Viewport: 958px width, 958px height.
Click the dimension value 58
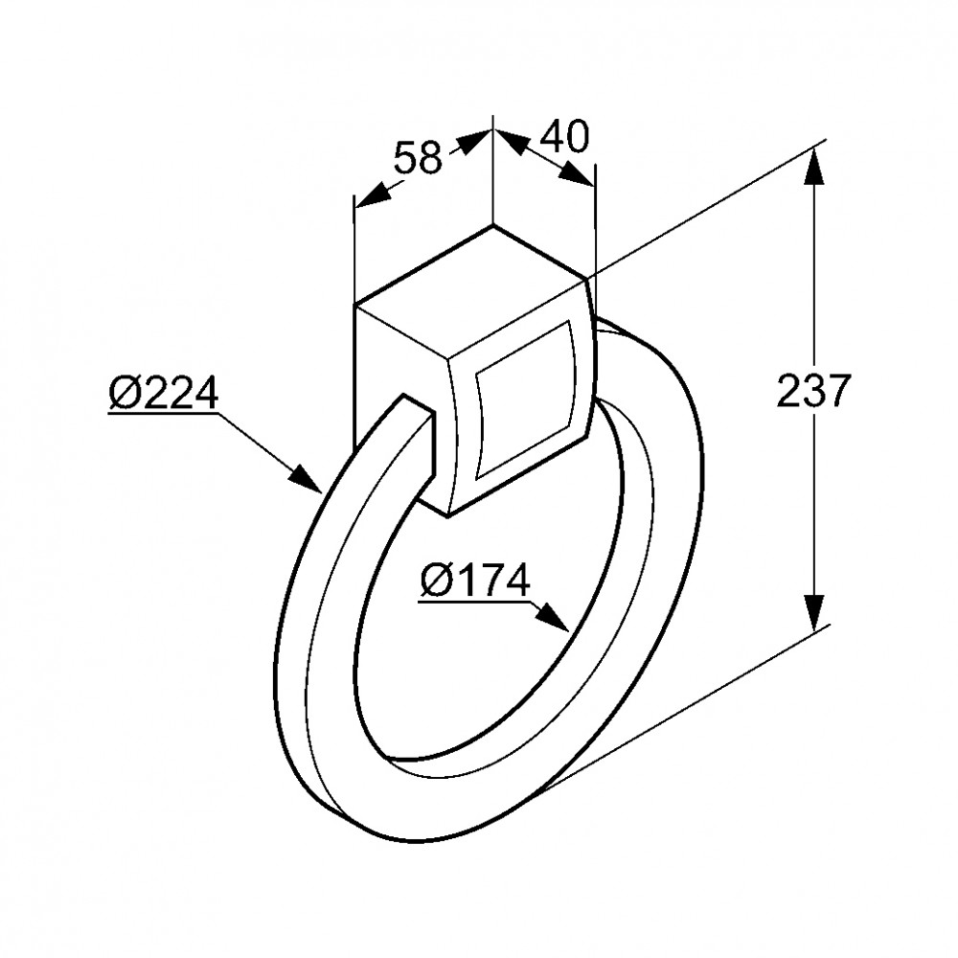click(418, 157)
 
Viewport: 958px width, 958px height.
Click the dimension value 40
click(564, 137)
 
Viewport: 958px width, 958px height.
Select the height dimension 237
click(813, 390)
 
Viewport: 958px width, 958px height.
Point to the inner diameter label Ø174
click(475, 580)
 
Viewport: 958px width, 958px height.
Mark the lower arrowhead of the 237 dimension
click(812, 612)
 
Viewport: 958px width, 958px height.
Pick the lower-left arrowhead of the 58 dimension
click(372, 194)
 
